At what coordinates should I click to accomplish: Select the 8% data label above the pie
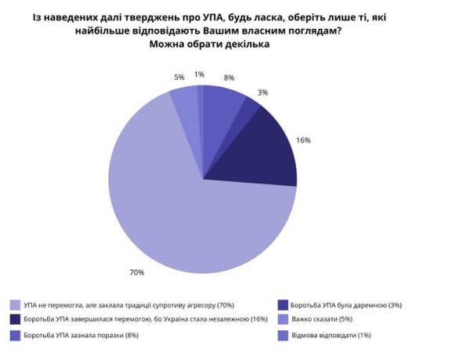[x=229, y=77]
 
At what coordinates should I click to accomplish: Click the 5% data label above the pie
[x=179, y=77]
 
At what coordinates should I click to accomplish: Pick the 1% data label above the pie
[x=200, y=74]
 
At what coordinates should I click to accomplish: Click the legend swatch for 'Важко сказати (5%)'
[x=283, y=319]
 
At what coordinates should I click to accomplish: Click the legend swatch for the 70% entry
[x=15, y=304]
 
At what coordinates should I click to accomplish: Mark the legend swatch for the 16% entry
[x=15, y=319]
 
